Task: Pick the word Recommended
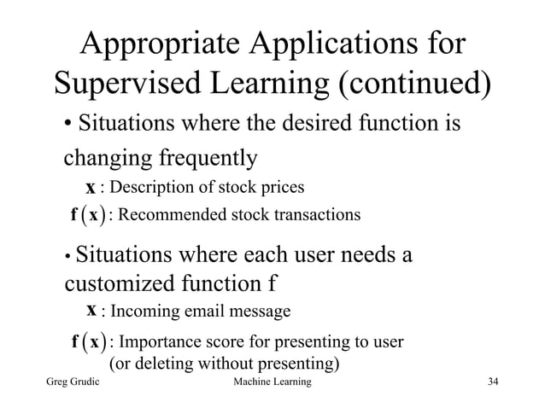170,214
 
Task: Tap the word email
193,310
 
